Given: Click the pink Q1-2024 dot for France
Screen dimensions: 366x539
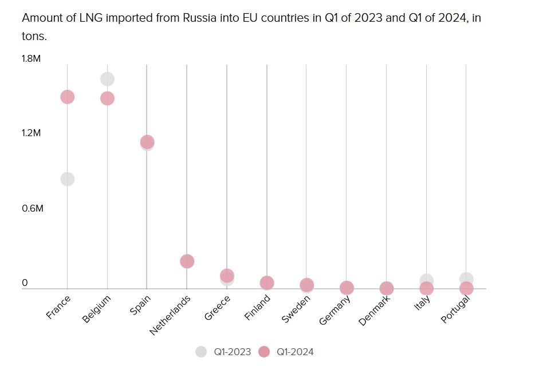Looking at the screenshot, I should pyautogui.click(x=68, y=97).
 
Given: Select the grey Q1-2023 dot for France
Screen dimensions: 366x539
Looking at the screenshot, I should pyautogui.click(x=68, y=179).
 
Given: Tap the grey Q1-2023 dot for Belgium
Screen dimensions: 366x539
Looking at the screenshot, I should pyautogui.click(x=107, y=79).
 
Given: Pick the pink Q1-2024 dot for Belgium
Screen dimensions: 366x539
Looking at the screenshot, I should pyautogui.click(x=107, y=98).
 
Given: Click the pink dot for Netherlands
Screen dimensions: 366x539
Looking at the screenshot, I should pyautogui.click(x=187, y=261).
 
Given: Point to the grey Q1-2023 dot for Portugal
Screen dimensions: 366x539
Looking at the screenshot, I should pyautogui.click(x=466, y=279).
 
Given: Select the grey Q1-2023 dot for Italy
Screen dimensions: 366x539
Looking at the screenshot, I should pyautogui.click(x=426, y=280).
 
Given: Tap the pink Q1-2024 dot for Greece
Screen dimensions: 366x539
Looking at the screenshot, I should pyautogui.click(x=227, y=275).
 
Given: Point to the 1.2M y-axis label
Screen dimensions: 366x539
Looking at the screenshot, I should pyautogui.click(x=32, y=133).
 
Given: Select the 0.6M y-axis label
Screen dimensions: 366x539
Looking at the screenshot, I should pyautogui.click(x=33, y=208).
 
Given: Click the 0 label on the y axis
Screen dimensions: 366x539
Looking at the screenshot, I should pyautogui.click(x=25, y=283).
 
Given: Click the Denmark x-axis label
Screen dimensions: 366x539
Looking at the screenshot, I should pyautogui.click(x=374, y=310).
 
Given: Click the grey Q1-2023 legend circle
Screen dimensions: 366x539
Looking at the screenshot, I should pyautogui.click(x=201, y=352).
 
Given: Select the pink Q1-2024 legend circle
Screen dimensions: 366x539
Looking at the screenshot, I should pyautogui.click(x=263, y=352).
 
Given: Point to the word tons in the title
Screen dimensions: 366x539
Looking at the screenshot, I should pyautogui.click(x=33, y=36).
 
